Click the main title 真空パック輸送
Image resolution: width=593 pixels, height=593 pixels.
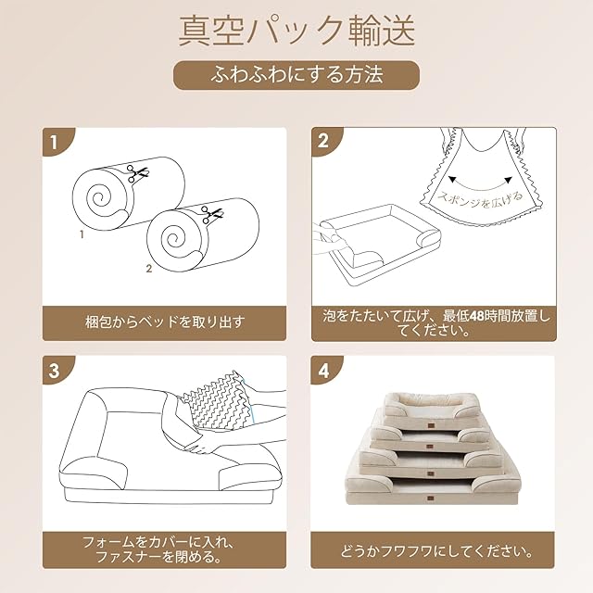(296, 32)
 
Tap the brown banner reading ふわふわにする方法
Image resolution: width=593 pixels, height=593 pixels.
(296, 75)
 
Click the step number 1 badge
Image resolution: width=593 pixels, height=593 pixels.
(56, 142)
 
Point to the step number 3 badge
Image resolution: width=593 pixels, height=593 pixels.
(56, 370)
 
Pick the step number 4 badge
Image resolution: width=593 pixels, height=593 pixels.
(324, 370)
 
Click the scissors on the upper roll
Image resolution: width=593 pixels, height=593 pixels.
(137, 173)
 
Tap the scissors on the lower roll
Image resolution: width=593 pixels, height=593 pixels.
(212, 215)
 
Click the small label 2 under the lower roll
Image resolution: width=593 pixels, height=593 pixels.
(149, 269)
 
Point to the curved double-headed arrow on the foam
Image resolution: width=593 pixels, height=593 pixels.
(480, 184)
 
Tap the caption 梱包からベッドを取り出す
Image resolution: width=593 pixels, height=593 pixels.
(165, 322)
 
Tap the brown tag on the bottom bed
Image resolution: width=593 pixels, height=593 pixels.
(432, 498)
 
